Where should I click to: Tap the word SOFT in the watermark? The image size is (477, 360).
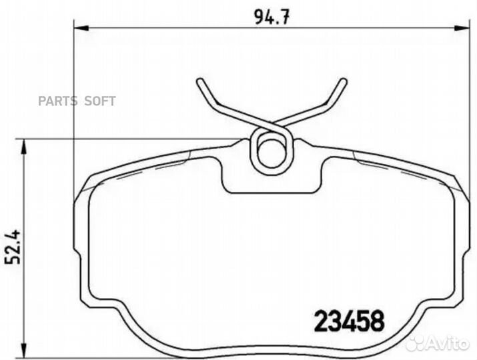click(99, 101)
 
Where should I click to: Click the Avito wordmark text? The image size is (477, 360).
click(452, 343)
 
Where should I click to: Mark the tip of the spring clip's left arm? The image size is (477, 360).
click(199, 82)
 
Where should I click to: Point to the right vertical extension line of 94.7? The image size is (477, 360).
click(466, 100)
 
